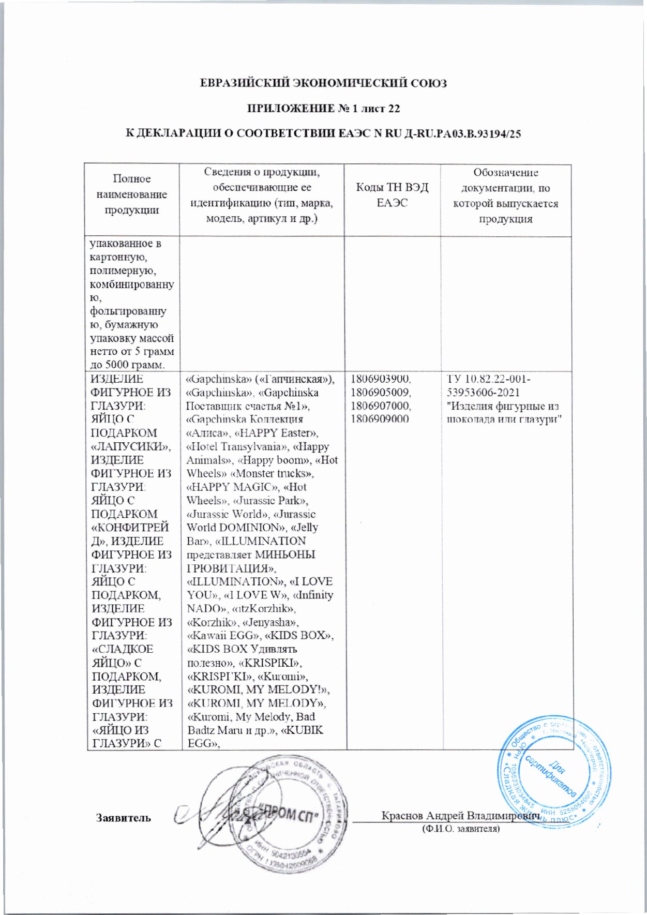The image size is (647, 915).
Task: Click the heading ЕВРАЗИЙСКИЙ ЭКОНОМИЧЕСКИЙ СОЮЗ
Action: point(323,83)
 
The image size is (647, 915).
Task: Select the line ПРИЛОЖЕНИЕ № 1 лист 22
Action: point(323,109)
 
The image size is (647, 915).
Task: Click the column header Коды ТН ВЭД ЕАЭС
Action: point(392,195)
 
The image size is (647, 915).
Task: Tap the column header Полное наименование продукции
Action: point(132,194)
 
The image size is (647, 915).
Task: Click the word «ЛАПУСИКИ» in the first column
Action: point(131,446)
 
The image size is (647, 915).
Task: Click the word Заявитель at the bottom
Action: point(123,818)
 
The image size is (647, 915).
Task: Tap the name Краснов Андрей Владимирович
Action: point(460,816)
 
